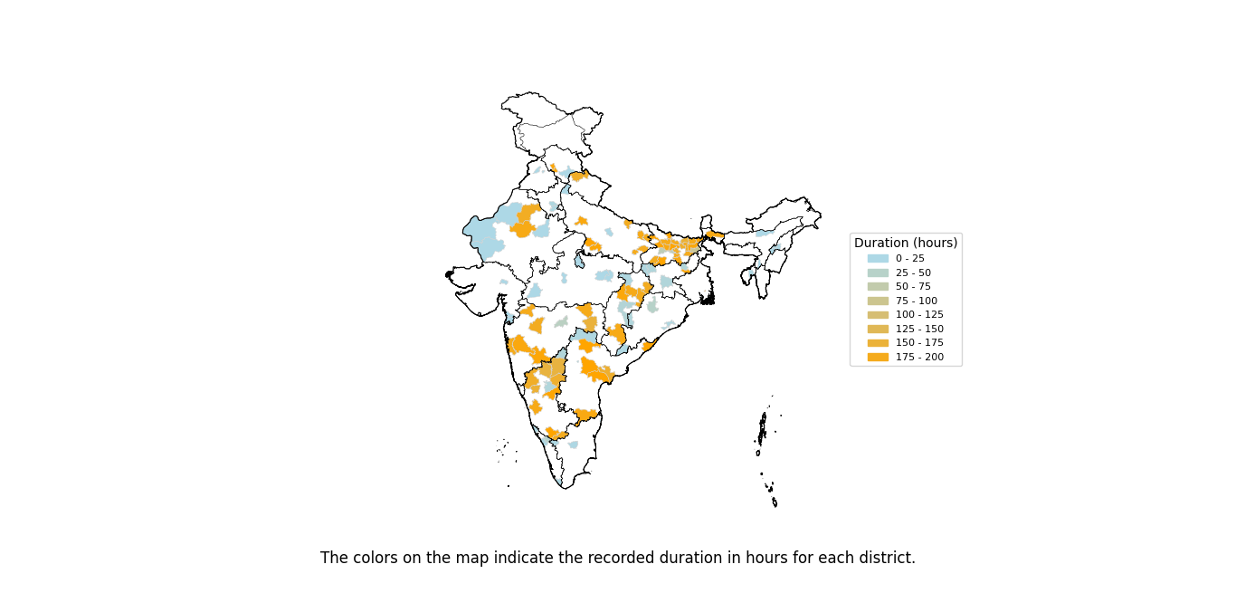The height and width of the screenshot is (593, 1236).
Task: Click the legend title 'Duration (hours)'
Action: click(x=906, y=243)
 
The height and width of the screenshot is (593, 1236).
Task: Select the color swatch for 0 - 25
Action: click(x=878, y=259)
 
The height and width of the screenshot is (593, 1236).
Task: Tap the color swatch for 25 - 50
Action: click(x=878, y=273)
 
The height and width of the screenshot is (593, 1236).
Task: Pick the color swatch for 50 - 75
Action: click(x=878, y=287)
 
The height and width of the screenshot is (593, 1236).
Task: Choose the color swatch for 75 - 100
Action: click(x=878, y=301)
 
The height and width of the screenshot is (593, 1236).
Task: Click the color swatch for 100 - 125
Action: click(x=878, y=315)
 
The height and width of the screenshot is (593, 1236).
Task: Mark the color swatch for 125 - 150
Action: click(x=878, y=329)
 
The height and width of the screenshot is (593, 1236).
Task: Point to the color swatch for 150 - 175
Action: click(x=878, y=343)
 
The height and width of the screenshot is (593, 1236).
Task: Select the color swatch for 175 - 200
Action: click(x=878, y=357)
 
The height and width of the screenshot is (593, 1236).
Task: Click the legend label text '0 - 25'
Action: click(x=910, y=259)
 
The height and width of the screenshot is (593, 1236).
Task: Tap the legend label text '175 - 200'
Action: click(x=919, y=357)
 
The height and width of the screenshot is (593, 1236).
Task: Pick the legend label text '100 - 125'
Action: click(x=919, y=315)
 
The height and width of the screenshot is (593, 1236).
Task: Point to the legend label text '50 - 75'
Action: click(x=913, y=287)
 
